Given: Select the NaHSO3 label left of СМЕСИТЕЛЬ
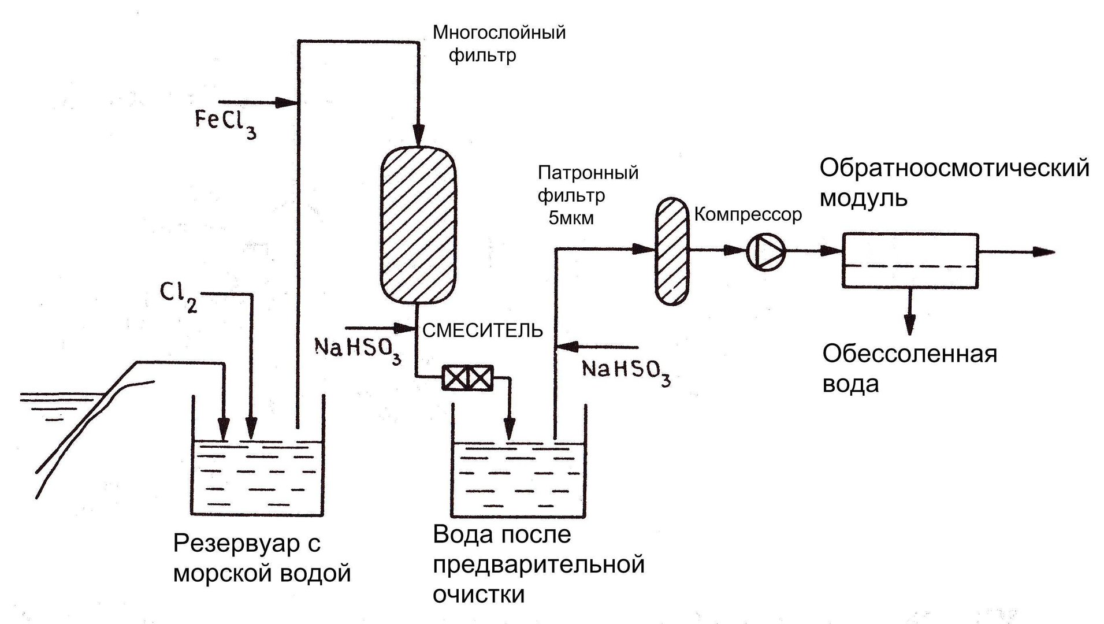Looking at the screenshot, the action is coord(358,348).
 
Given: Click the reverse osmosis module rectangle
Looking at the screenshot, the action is coord(910,259).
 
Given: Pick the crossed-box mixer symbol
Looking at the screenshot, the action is coord(467,378).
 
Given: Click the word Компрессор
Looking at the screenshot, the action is coord(748,215).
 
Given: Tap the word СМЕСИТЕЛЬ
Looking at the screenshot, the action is coord(483,330).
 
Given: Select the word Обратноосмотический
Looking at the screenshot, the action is coord(954,168).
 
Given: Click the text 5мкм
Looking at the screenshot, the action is coord(571,218).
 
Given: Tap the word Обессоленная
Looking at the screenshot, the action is coord(910,354).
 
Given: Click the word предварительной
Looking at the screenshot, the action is coord(538,564).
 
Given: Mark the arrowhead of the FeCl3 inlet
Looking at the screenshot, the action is coord(286,103).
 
